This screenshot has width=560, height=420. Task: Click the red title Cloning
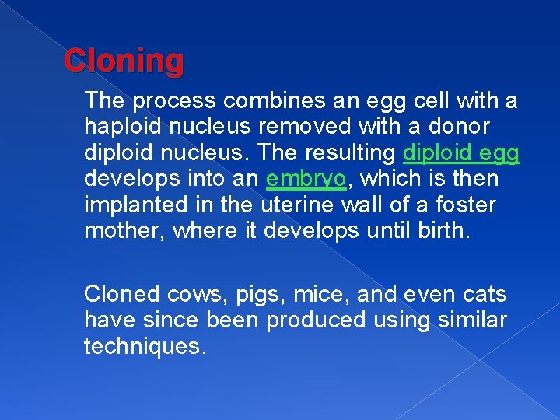click(x=124, y=61)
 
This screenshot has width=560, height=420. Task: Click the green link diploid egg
click(x=461, y=153)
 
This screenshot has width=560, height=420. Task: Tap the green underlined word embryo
click(x=305, y=180)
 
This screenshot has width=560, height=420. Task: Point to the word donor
click(x=464, y=127)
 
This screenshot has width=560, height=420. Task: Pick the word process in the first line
click(x=175, y=100)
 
